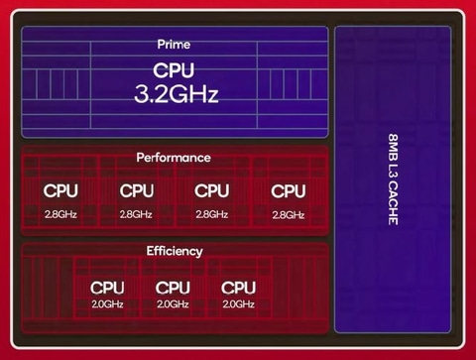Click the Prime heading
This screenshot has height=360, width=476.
coord(174,45)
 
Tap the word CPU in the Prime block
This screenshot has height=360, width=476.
coord(174,70)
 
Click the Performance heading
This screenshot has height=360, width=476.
coord(174,158)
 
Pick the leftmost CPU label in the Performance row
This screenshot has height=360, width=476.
coord(60,190)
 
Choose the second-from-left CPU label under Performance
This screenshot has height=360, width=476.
coord(137,190)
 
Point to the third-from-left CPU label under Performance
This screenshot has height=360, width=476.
coord(212,190)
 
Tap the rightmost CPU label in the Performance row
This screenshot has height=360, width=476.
coord(289,190)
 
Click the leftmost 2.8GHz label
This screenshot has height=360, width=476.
coord(60,214)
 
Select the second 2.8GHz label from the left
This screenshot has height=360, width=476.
coord(137,214)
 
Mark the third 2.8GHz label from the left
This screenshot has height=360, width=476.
coord(212,214)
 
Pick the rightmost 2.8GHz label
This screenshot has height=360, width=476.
coord(289,214)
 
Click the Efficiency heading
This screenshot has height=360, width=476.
coord(174,251)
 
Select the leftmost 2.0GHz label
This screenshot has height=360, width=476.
coord(107,304)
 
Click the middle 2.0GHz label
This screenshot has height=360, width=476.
coord(173,304)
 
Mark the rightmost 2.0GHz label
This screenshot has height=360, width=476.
coord(239,304)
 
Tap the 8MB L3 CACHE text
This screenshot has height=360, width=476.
coord(393,178)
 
